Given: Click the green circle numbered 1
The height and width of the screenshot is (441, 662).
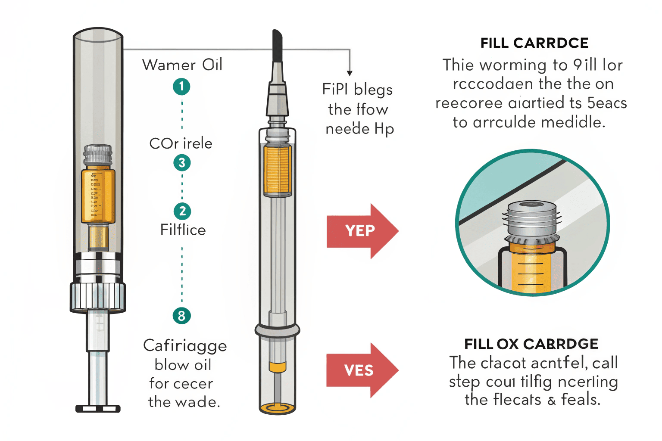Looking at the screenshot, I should (x=181, y=87).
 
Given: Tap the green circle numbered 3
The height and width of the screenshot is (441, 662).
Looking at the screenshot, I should (x=182, y=163).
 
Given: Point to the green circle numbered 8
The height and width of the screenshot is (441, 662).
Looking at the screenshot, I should (x=181, y=316).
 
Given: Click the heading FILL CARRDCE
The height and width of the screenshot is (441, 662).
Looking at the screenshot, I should (x=534, y=43).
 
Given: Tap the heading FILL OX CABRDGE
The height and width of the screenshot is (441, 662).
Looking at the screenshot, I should (x=531, y=344).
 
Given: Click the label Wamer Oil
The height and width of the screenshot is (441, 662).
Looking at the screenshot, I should (x=182, y=65).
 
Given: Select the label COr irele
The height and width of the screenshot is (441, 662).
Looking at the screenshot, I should (x=181, y=143).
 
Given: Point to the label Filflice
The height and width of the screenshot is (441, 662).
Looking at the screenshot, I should (x=183, y=230).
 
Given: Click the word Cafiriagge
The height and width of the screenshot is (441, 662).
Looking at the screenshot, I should (x=185, y=346).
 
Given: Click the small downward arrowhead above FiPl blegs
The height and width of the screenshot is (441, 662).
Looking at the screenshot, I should (x=350, y=73).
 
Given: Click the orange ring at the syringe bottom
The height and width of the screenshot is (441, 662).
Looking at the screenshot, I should (x=278, y=407).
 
